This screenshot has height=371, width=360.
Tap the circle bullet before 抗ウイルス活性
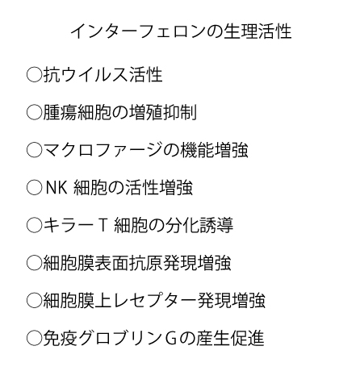coord(34,74)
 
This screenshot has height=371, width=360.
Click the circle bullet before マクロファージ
coord(34,150)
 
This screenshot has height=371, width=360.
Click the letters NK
coord(57,187)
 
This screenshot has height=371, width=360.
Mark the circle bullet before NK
coord(34,187)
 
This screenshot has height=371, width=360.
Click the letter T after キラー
coord(103,225)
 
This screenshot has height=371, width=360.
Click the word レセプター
coord(155,300)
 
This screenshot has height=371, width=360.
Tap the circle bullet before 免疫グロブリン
coord(34,338)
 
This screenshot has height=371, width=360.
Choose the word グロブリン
coord(120,338)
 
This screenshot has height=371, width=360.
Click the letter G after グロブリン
coord(171,338)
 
